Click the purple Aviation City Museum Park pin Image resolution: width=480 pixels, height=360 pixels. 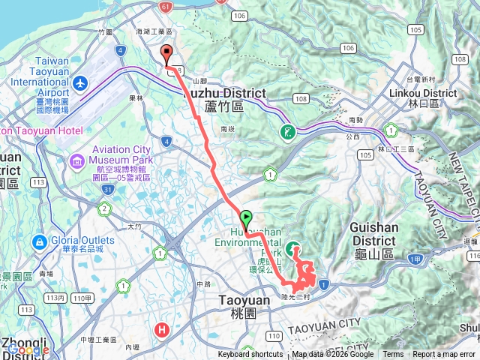click(x=77, y=160)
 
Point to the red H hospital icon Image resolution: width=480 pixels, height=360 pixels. click(x=161, y=328)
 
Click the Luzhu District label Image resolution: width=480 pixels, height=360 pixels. click(x=224, y=93)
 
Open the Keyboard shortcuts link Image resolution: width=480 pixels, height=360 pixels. click(x=251, y=355)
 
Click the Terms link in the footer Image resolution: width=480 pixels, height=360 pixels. click(x=393, y=355)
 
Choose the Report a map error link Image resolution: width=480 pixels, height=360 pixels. click(x=444, y=355)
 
